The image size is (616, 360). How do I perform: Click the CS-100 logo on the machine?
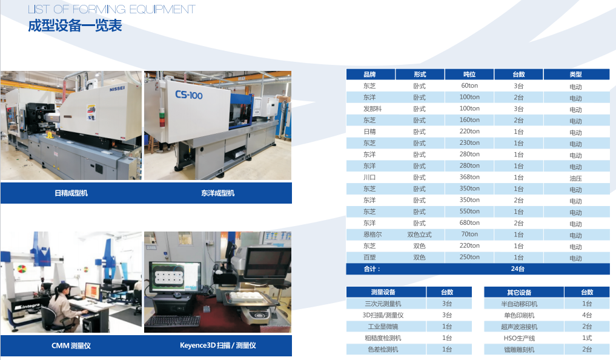point(188,95)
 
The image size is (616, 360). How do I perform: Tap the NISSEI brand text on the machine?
point(117,89)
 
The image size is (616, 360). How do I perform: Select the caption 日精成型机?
point(71,193)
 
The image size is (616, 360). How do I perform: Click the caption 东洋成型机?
point(217,193)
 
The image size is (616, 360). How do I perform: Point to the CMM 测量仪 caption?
point(71,345)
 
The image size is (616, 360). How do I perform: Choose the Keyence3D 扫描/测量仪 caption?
point(218,345)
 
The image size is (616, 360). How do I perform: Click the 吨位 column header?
point(469,75)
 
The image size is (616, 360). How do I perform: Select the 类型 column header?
point(575,75)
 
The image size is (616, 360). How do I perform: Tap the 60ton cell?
point(469,85)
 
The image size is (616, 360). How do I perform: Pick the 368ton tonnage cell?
point(469,177)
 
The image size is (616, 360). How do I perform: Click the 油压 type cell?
point(575,178)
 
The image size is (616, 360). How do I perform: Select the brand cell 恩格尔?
point(373,234)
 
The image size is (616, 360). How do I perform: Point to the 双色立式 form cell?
point(420,235)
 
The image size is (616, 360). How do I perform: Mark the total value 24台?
point(518,269)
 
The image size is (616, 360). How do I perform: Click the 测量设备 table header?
point(383,292)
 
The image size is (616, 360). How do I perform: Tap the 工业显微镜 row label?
point(383,327)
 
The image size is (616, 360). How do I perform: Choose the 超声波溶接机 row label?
point(519,327)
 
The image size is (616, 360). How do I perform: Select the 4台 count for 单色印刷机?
point(587,315)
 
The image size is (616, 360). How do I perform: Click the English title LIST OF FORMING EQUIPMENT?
point(111,9)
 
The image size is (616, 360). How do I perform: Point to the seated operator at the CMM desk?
point(65,307)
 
